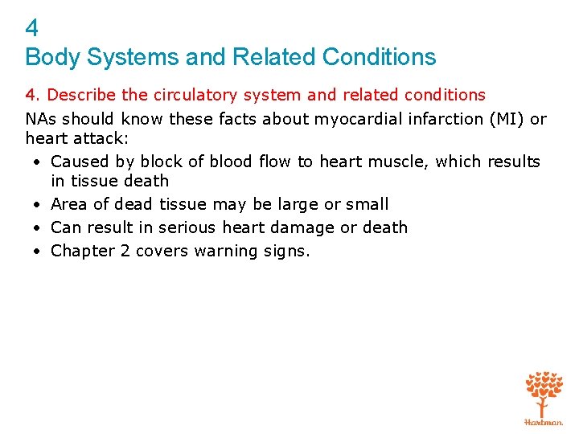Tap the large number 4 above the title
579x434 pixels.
pyautogui.click(x=31, y=29)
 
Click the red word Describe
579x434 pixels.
pyautogui.click(x=82, y=96)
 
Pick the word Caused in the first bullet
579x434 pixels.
pyautogui.click(x=79, y=162)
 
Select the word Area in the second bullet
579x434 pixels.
pyautogui.click(x=68, y=204)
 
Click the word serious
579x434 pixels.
pyautogui.click(x=185, y=227)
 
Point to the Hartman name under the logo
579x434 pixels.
pyautogui.click(x=544, y=422)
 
